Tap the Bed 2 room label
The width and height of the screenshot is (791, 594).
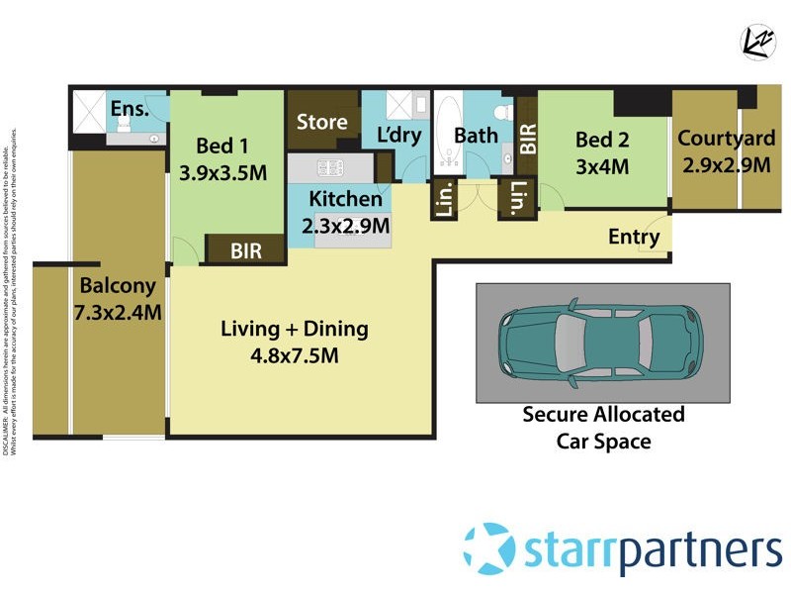click(x=602, y=153)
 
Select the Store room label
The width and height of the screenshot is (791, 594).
click(x=322, y=122)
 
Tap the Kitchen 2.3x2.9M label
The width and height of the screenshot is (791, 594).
click(x=345, y=212)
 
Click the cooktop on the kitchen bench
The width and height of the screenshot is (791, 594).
click(x=327, y=167)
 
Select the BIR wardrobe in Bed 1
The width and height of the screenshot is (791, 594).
click(x=245, y=251)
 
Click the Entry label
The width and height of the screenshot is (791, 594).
click(x=634, y=237)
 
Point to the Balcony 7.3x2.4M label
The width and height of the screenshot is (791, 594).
click(x=118, y=299)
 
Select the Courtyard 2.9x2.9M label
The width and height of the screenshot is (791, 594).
click(x=724, y=151)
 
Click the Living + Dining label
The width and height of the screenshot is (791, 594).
click(x=294, y=342)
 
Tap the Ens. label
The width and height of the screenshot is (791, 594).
click(x=129, y=108)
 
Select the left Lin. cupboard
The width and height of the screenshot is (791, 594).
click(x=444, y=202)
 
